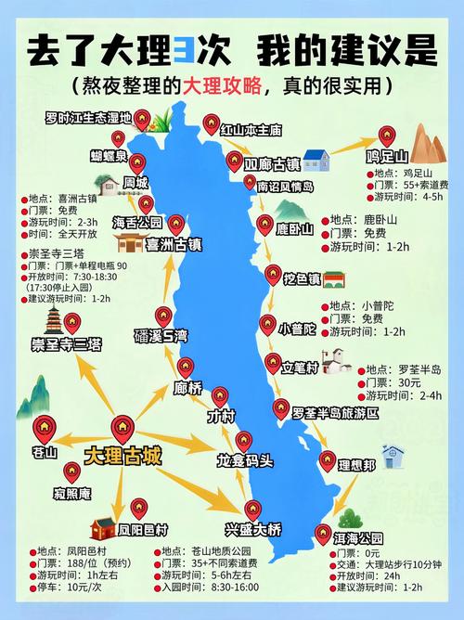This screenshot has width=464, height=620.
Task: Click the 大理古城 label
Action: [x=122, y=456]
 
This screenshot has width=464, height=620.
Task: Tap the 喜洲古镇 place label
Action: [x=174, y=245]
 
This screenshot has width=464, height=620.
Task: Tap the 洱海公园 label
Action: [x=332, y=538]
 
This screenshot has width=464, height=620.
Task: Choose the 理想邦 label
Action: [x=355, y=465]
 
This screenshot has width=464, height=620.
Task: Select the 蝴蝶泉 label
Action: [x=110, y=156]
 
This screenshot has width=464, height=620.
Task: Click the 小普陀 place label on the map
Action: [x=298, y=329]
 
